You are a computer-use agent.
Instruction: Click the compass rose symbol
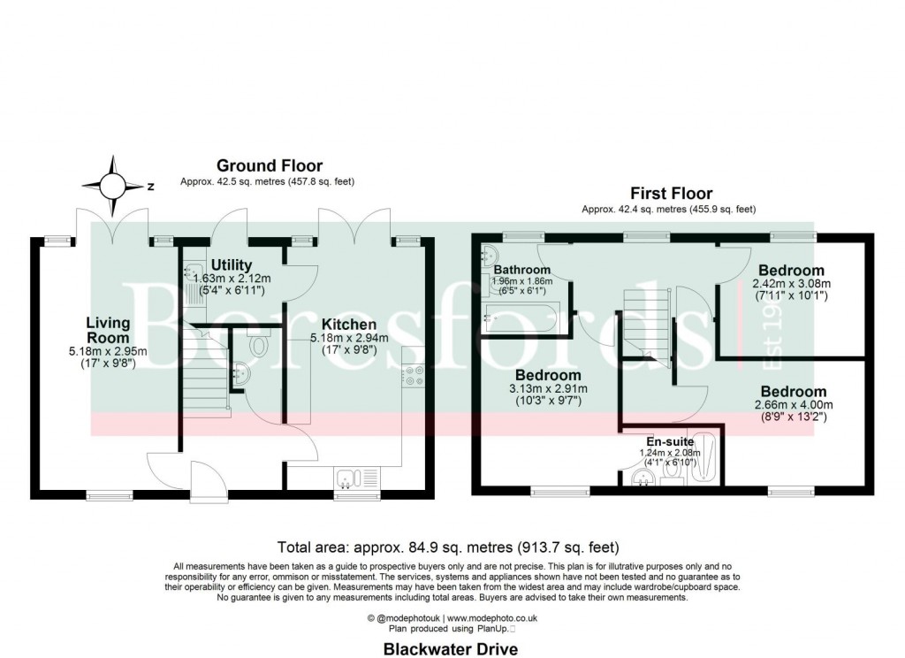coord(112,186)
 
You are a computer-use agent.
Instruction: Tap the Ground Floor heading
coord(270,165)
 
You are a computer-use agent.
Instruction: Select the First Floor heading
coord(671,193)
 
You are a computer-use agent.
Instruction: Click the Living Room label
coord(108,330)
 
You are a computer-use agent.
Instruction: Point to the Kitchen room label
coord(348,324)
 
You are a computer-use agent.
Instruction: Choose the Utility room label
coord(232,264)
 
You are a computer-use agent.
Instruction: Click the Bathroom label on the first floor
coord(522,270)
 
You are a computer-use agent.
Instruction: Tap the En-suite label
coord(669,440)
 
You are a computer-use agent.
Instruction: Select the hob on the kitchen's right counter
coord(414,376)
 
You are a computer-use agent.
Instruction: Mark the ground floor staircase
coord(205,380)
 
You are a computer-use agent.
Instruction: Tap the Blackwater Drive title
coord(450,648)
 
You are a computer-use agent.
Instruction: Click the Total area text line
coord(448,547)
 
